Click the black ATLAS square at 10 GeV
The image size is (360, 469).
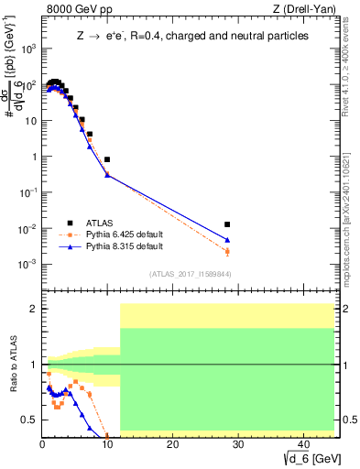(x=107, y=159)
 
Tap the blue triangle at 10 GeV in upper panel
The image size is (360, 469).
(x=107, y=174)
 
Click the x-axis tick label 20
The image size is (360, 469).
(x=172, y=446)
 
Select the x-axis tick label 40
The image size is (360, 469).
(x=302, y=446)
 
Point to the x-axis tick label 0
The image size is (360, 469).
(x=42, y=446)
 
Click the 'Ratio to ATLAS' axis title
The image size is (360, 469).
(x=12, y=365)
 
